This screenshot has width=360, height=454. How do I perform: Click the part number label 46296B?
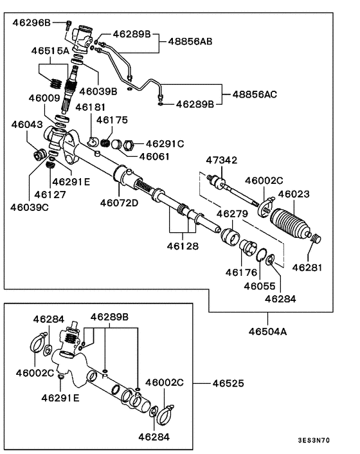[x=31, y=23]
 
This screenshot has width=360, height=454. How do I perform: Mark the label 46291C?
[x=165, y=143]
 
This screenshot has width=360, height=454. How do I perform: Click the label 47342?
[x=221, y=160]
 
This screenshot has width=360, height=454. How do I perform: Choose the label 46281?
[x=308, y=267]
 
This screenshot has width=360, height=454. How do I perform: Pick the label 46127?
[x=50, y=194]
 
